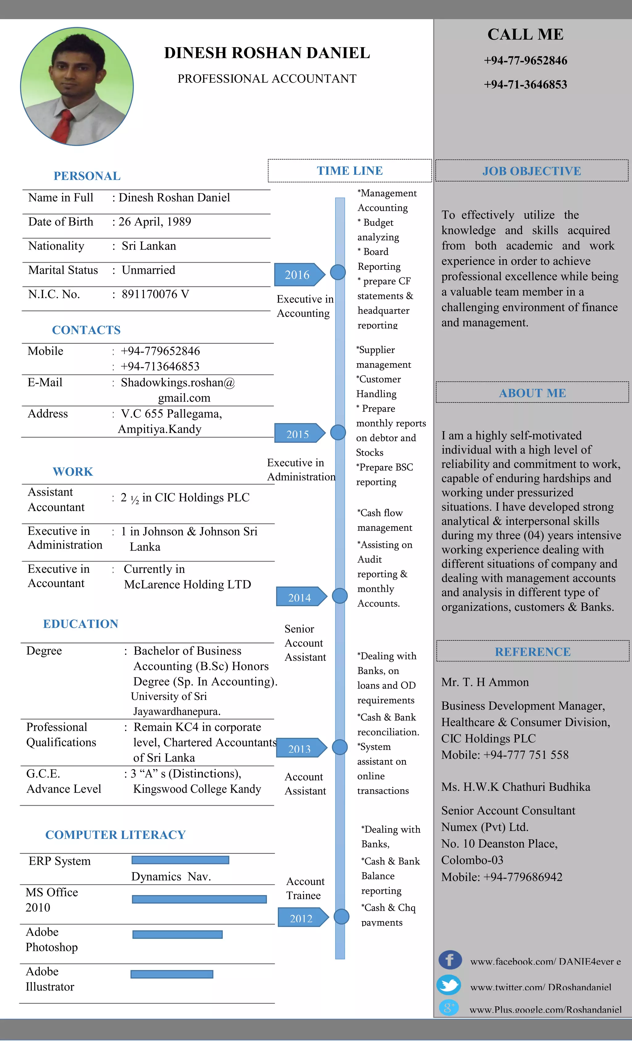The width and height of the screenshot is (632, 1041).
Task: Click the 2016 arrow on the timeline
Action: [x=298, y=275]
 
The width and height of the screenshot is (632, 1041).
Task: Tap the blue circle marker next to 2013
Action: [x=340, y=747]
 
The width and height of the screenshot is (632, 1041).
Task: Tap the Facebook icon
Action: [x=450, y=960]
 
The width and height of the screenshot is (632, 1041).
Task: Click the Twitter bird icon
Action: [x=449, y=985]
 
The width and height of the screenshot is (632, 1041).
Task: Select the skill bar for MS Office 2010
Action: [x=199, y=899]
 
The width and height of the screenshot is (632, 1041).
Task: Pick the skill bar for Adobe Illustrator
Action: [x=172, y=974]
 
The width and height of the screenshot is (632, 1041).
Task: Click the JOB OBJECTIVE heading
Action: [x=531, y=171]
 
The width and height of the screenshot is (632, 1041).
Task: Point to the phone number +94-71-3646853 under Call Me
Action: [x=525, y=85]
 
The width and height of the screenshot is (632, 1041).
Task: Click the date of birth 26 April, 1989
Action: [x=155, y=222]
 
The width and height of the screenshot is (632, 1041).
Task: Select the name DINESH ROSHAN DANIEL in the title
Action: [x=267, y=53]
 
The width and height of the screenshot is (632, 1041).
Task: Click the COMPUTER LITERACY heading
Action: [x=115, y=835]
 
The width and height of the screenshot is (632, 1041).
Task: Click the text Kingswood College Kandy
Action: [x=197, y=789]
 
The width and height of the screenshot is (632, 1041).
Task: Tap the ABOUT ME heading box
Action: [x=532, y=393]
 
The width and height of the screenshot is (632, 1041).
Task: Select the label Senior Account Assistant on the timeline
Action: [x=305, y=643]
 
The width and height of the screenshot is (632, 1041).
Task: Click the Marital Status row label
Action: [x=63, y=270]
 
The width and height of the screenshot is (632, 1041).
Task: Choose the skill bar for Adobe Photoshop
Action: [x=177, y=935]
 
